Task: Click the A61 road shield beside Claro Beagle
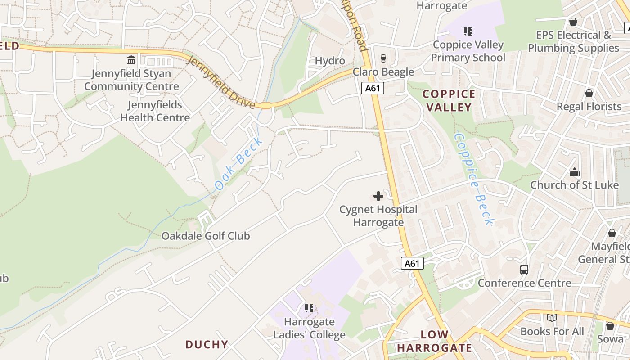tap(373, 88)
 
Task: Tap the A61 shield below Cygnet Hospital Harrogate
tap(412, 263)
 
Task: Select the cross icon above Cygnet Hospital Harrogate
tap(378, 196)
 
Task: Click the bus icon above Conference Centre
tap(524, 270)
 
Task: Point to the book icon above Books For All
tap(552, 318)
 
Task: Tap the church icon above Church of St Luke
tap(574, 172)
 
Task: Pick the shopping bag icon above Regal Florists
tap(589, 93)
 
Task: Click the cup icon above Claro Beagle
tap(383, 58)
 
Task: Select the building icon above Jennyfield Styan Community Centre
tap(131, 60)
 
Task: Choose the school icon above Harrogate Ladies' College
tap(309, 308)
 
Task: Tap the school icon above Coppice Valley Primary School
tap(468, 31)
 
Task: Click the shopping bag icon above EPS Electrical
tap(573, 22)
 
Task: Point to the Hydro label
tap(330, 61)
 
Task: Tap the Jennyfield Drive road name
tap(220, 82)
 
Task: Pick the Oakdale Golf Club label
tap(205, 236)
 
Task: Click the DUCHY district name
tap(207, 344)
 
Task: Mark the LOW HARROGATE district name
tap(435, 341)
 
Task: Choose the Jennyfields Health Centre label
tap(155, 111)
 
